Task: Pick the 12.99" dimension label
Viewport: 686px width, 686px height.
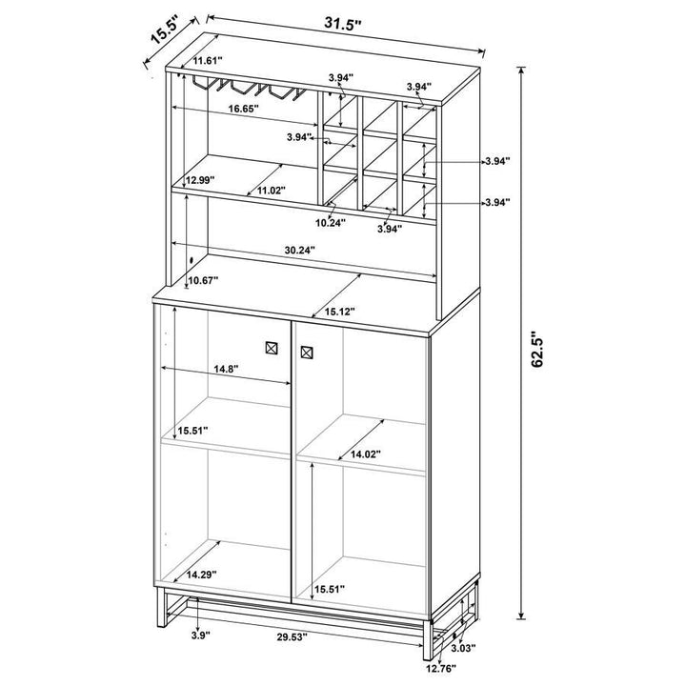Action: tap(201, 179)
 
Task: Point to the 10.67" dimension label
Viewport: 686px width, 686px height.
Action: tap(203, 280)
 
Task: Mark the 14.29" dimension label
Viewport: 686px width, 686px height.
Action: tap(204, 575)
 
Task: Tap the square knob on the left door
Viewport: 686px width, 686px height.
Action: tap(270, 349)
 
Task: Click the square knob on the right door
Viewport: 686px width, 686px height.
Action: tap(306, 354)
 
